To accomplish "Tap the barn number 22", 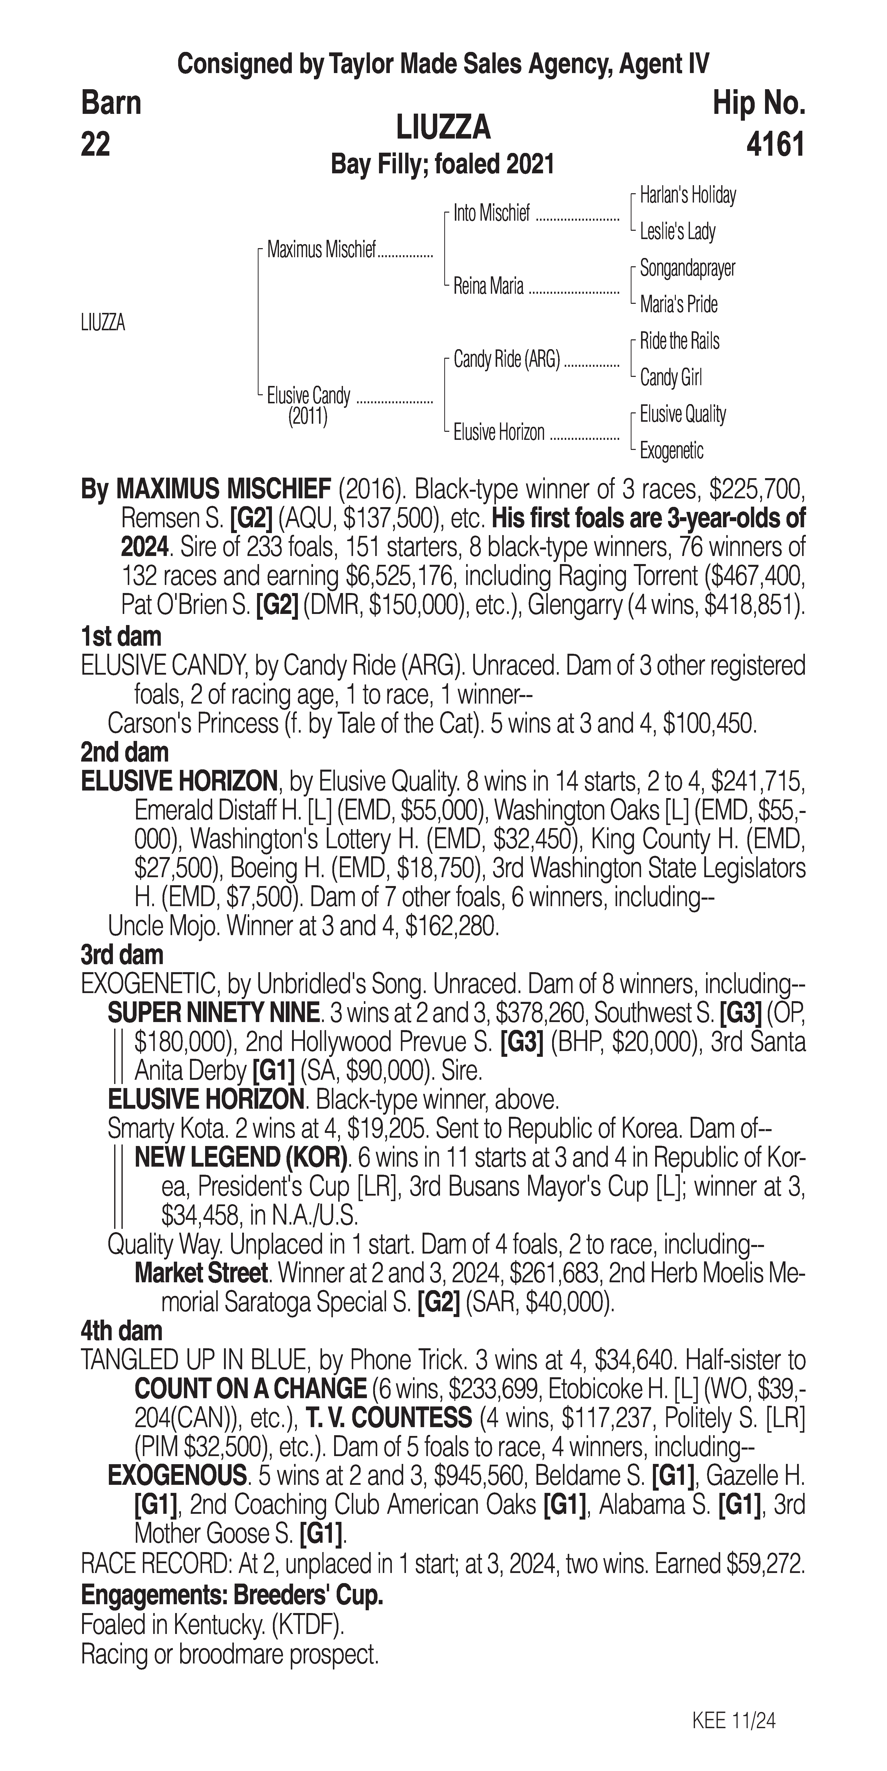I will point(96,145).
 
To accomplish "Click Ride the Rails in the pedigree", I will point(679,341).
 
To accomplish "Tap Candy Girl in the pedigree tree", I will point(670,377).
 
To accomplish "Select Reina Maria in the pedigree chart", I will point(488,286).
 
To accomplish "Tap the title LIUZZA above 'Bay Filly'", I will point(443,127).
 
